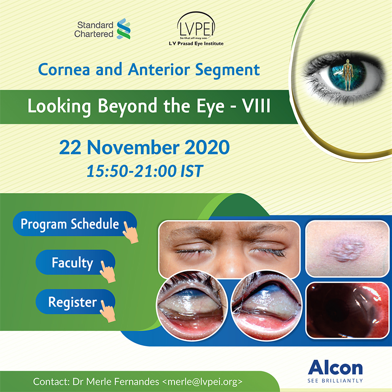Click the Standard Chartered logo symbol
click(124, 29)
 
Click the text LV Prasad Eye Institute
click(196, 43)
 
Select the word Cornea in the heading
click(64, 70)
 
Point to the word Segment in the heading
click(227, 70)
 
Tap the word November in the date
click(133, 147)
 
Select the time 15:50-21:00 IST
click(145, 171)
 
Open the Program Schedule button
click(75, 224)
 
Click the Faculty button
click(75, 262)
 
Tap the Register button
click(75, 302)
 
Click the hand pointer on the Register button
click(108, 312)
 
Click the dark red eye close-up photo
click(347, 310)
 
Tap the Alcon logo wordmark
click(335, 368)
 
